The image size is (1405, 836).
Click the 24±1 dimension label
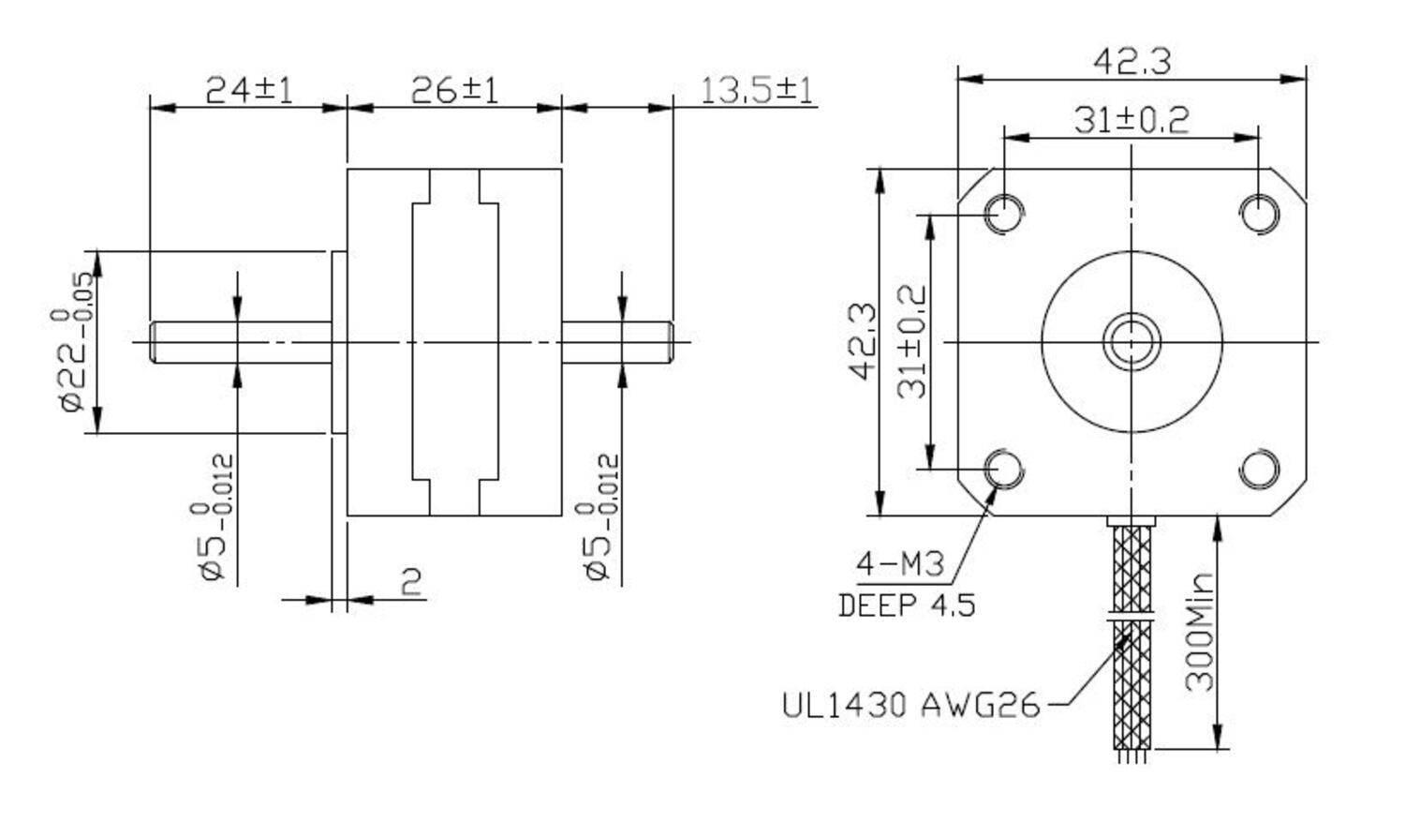coord(248,90)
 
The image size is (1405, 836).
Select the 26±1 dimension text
coord(454,90)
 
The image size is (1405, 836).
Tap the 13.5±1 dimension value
coord(757,90)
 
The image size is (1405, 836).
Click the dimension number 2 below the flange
coord(411,582)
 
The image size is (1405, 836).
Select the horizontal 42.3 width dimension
coord(1131,61)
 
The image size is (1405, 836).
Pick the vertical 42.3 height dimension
coord(863,341)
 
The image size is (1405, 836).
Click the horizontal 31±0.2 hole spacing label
coord(1131,120)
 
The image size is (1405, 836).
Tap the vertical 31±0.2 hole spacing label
coord(911,341)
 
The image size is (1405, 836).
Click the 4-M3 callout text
coord(900,564)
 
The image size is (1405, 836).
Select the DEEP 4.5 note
coord(906,605)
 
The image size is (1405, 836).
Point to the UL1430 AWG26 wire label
coord(910,704)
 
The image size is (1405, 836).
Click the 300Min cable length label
coord(1199,632)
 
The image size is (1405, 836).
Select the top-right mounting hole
coord(1259,213)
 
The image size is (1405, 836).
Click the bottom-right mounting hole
coord(1259,469)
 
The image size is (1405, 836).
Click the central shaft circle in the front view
coord(1131,341)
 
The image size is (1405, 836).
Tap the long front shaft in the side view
coord(242,342)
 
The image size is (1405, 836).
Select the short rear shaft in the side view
coord(616,342)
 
